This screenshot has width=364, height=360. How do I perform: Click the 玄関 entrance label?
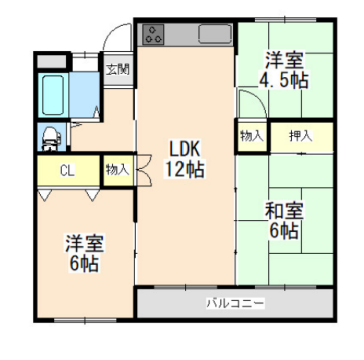(117, 69)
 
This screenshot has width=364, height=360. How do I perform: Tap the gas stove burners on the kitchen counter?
(155, 34)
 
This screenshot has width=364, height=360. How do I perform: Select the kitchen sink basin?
(214, 34)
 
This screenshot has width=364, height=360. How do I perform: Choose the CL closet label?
(66, 170)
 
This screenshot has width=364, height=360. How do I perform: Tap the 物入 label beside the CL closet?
(117, 170)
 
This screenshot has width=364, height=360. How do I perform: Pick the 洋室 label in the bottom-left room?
(83, 243)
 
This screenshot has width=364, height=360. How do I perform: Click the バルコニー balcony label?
(235, 301)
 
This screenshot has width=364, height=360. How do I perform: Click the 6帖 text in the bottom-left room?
(83, 264)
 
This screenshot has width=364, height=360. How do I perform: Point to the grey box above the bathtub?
(50, 62)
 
